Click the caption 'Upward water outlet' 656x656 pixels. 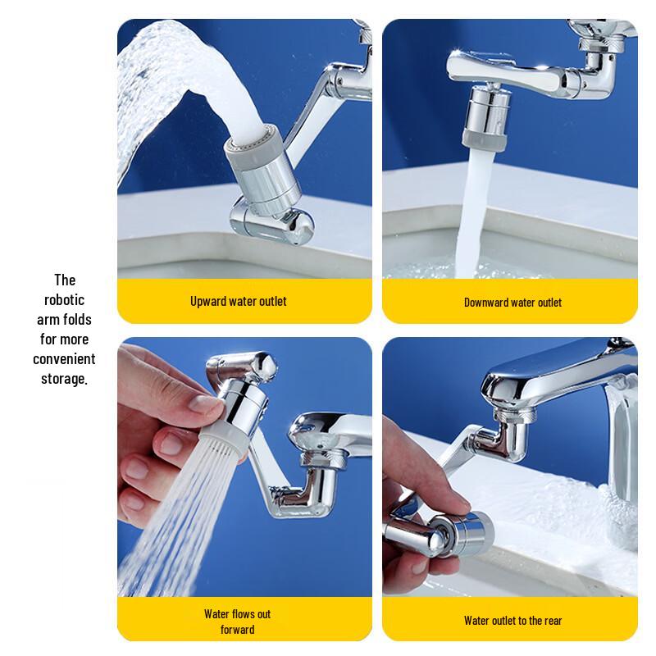(x=239, y=301)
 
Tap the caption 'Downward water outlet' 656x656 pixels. (x=512, y=302)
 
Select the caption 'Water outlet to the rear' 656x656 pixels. (x=512, y=620)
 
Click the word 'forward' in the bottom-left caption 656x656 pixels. (x=238, y=629)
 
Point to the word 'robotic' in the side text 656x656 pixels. (x=64, y=299)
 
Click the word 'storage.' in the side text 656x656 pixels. (x=64, y=379)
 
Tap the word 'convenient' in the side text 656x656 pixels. (x=64, y=359)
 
